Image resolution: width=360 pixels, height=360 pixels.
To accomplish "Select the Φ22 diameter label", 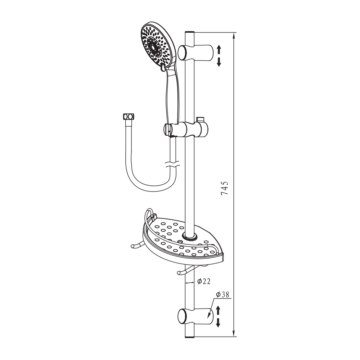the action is [x=204, y=281].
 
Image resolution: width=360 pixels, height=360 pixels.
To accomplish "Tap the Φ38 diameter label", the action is [x=223, y=294].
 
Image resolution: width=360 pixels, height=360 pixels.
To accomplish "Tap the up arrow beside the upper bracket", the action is [x=219, y=49].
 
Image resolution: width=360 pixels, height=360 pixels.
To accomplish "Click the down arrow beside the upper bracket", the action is [x=219, y=62].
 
